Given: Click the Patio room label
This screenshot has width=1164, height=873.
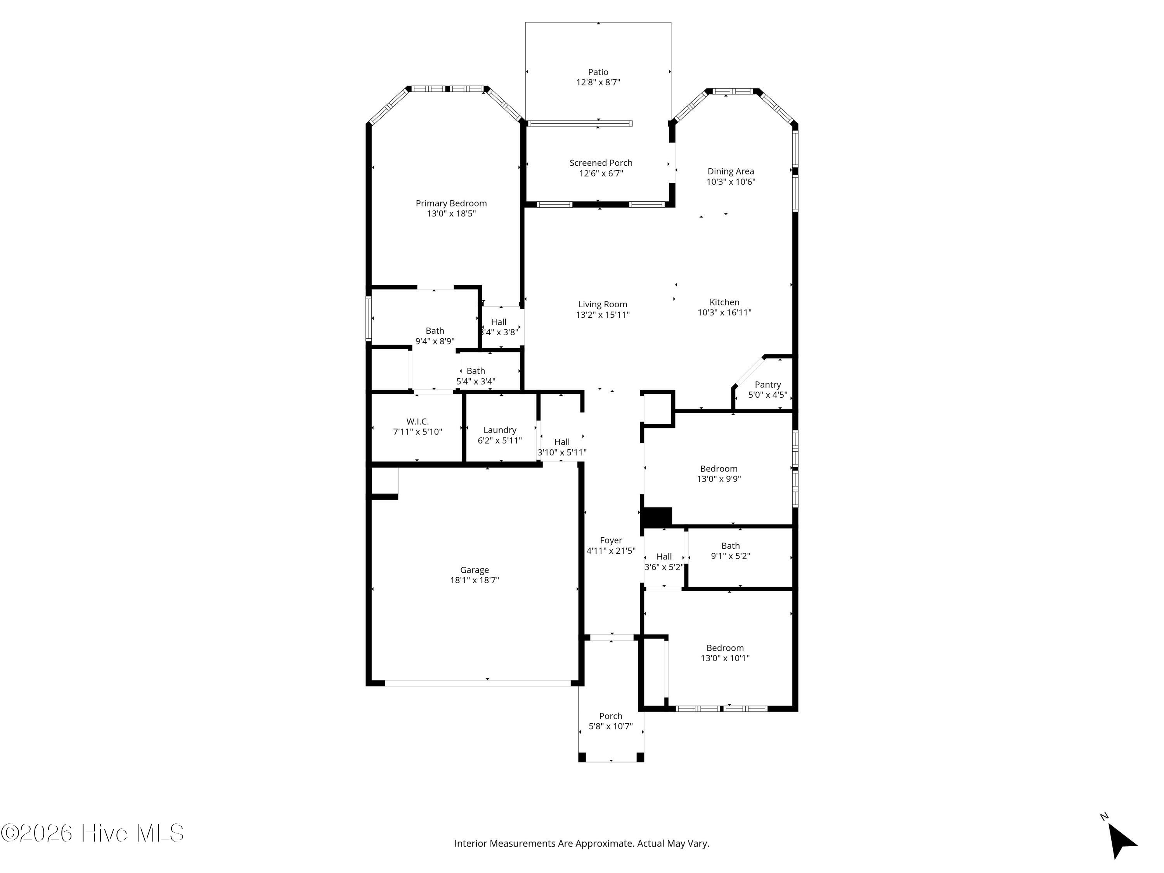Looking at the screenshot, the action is tap(598, 72).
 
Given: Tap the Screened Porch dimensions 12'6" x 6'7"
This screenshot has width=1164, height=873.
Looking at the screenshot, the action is tap(601, 173).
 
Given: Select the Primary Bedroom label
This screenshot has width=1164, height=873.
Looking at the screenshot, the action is tap(451, 204).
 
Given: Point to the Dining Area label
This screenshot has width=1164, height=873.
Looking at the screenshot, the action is tap(730, 171).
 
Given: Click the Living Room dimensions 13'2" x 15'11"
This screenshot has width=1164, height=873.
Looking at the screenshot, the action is tap(603, 315).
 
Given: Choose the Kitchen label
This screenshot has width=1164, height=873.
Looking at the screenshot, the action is tap(725, 302).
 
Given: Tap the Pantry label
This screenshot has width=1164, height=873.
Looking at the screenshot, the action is tap(768, 385).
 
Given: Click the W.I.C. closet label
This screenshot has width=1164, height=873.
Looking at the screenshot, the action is tap(417, 421).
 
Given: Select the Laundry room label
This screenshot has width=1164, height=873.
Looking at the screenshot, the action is tap(500, 430).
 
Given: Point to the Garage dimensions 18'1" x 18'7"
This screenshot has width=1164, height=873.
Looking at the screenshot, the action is tap(475, 580).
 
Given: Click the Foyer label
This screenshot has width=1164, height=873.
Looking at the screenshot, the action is tap(611, 540).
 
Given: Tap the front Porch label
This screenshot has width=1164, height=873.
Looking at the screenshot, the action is tap(610, 716).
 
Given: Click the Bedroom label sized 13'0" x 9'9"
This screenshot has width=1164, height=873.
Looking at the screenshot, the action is tap(719, 469).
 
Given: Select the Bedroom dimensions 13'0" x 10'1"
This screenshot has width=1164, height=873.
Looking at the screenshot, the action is tap(725, 658).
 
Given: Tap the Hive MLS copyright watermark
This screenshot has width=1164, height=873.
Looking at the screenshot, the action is tap(93, 833).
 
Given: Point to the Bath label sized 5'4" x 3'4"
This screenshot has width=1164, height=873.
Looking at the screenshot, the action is tap(476, 371).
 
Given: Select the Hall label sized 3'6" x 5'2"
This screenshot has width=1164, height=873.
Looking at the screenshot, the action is tap(664, 557).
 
